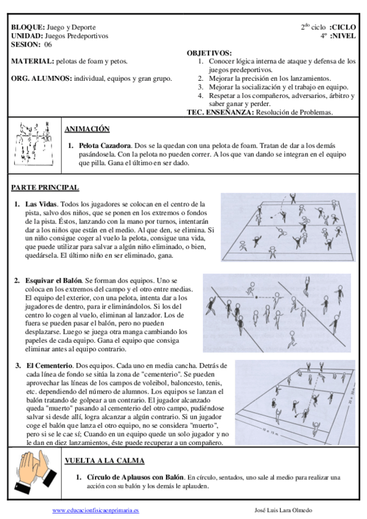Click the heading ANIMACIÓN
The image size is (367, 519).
point(87,129)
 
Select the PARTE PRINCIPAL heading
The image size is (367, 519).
point(45,187)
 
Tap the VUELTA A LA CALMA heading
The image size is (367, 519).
point(105,460)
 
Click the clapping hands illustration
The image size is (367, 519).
point(35,472)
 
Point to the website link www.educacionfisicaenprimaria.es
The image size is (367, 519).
point(96,510)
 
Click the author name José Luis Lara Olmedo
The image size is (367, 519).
point(283,510)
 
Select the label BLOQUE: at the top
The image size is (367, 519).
point(28,27)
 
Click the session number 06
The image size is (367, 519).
point(48,44)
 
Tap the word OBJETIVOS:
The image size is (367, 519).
point(209,53)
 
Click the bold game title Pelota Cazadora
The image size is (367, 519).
point(105,146)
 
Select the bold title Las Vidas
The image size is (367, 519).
point(41,204)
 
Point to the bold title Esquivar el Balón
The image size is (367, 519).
point(53,281)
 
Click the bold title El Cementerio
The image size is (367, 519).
point(50,366)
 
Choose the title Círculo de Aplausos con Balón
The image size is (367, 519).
point(135,477)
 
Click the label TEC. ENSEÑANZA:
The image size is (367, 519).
point(221,112)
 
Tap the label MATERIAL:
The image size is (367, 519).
point(32,61)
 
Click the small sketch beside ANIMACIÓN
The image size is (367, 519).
point(34,144)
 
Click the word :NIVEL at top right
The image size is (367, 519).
point(342,35)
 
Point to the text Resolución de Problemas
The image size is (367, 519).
point(294,112)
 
